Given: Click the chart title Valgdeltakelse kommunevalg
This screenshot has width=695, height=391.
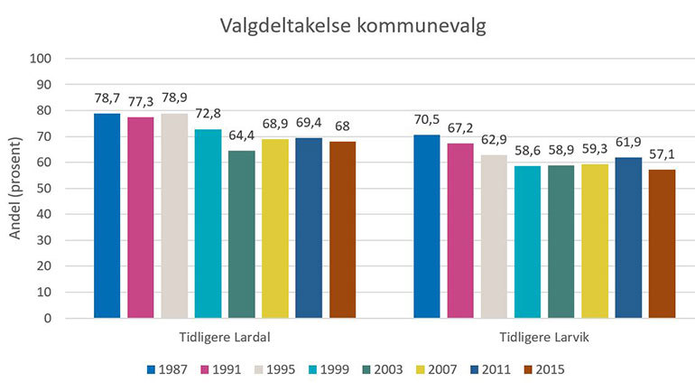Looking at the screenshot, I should pyautogui.click(x=354, y=26).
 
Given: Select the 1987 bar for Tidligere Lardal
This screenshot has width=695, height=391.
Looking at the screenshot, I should pyautogui.click(x=107, y=216).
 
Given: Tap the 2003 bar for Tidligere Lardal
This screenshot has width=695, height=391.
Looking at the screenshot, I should pyautogui.click(x=241, y=234).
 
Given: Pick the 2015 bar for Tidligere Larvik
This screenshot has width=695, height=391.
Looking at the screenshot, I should pyautogui.click(x=662, y=244).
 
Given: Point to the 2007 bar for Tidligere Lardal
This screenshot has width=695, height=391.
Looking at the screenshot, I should pyautogui.click(x=274, y=228).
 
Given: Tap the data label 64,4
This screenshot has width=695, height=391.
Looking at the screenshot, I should pyautogui.click(x=241, y=135).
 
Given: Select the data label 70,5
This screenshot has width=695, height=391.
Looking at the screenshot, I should pyautogui.click(x=427, y=119).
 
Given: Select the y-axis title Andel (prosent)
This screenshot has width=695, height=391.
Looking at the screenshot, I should pyautogui.click(x=16, y=188).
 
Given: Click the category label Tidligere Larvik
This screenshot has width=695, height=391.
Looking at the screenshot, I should pyautogui.click(x=544, y=337).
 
